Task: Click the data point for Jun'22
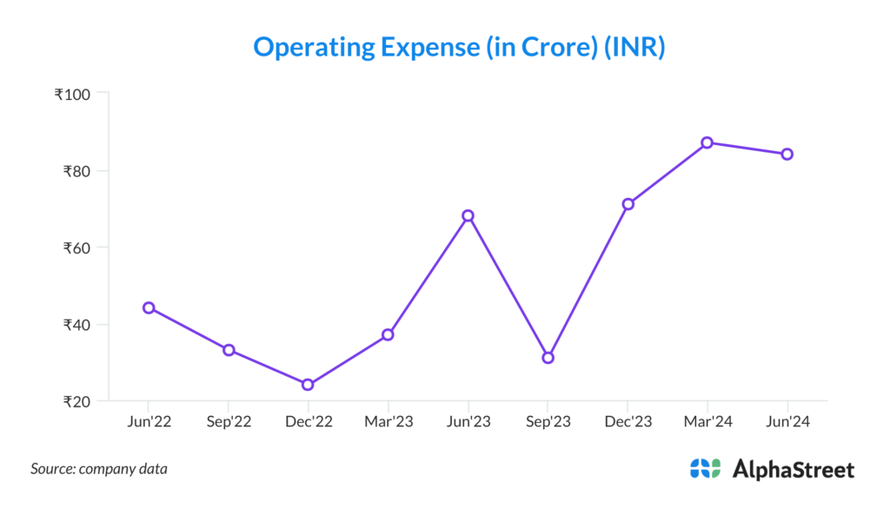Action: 149,307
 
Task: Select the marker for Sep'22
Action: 229,350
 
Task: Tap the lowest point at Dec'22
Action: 308,385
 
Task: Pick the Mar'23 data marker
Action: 388,334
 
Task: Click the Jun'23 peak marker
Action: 468,215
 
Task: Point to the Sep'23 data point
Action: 548,358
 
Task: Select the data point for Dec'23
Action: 628,204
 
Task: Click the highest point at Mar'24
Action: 707,142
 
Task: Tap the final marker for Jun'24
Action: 787,154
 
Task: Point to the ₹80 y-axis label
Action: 78,171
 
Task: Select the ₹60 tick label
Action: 78,247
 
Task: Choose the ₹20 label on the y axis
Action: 78,401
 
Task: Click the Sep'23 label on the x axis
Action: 548,421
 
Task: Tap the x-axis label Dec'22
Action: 308,421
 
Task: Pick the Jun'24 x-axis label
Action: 787,421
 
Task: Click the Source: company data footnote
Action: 99,469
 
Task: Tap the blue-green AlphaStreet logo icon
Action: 705,469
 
